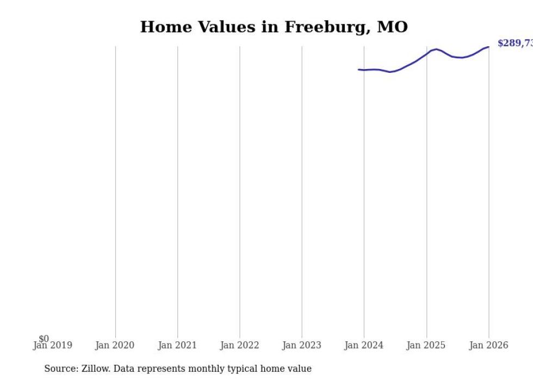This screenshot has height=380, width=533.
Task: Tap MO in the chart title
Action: (392, 27)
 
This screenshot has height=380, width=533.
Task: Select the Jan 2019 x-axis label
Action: (52, 345)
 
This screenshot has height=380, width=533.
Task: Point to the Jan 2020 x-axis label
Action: (115, 345)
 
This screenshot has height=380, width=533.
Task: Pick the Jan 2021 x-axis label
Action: (177, 345)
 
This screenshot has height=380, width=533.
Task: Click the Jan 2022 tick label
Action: (239, 345)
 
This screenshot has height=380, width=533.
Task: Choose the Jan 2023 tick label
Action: (302, 345)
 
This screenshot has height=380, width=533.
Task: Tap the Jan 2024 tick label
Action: (364, 345)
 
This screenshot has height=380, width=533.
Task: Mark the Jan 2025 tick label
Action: (426, 345)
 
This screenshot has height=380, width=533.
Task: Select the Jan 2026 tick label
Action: (488, 345)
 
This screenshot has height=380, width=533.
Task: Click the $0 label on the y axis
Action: (44, 339)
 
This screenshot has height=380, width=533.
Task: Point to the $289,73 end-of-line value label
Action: (515, 43)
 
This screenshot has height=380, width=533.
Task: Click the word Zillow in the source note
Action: (95, 369)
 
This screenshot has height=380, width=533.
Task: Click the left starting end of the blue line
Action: (358, 70)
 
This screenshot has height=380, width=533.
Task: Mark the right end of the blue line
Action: (488, 47)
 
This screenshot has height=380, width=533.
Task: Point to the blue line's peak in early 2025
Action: (436, 49)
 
